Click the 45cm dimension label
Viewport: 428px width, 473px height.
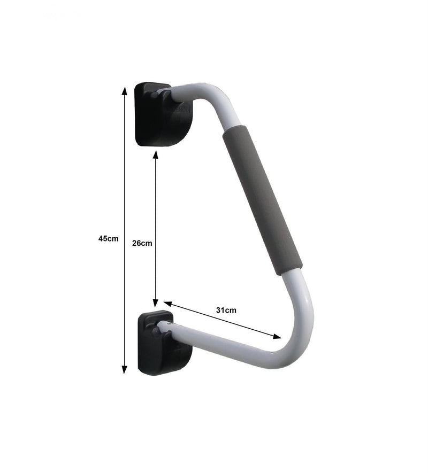(x=108, y=239)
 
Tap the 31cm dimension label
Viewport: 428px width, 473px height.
(x=226, y=309)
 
